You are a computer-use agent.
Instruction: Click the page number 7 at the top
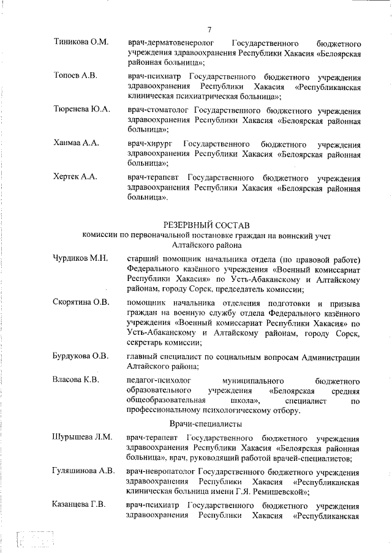point(209,29)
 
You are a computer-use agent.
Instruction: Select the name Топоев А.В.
point(77,76)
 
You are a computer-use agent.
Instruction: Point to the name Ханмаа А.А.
point(76,143)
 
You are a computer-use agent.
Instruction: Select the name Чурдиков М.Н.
point(81,258)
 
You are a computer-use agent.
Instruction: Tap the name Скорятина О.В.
point(81,302)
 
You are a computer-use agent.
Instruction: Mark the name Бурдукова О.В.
point(81,357)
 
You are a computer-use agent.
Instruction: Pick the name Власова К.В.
point(76,380)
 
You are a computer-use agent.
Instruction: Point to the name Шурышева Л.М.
point(82,437)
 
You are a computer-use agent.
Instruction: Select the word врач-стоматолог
point(156,110)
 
